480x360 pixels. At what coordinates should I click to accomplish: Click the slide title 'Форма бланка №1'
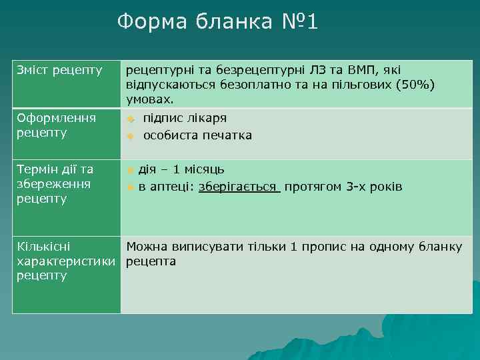[218, 22]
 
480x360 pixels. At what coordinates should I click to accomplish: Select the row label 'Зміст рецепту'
[59, 69]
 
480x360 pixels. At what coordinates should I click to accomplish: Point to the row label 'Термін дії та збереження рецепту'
[54, 183]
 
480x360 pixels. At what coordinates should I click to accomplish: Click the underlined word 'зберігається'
[239, 186]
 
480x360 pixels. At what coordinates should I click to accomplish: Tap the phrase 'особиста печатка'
[197, 135]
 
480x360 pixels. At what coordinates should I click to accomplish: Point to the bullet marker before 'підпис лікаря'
[131, 119]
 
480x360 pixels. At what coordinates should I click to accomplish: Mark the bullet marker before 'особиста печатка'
[131, 136]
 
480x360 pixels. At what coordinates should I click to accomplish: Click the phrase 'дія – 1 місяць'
[181, 169]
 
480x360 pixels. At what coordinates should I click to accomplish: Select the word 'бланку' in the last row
[439, 247]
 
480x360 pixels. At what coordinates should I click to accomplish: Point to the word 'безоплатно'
[227, 85]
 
